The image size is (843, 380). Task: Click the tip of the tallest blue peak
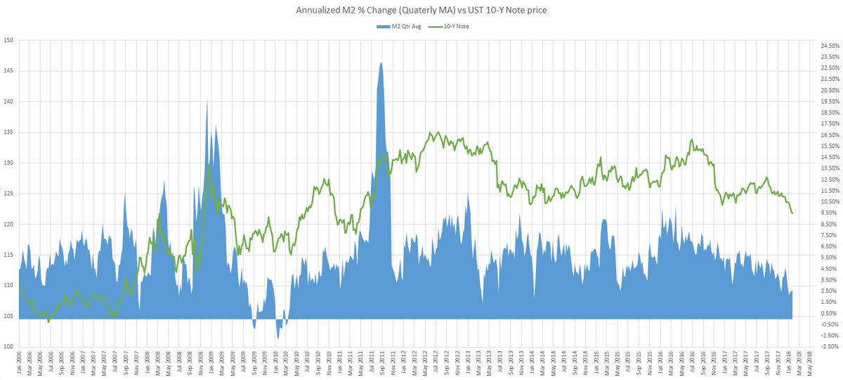pos(381,63)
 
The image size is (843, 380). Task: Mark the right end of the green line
pos(792,213)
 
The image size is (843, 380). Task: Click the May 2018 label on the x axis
pos(811,362)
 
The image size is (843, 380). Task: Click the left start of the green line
pos(19,286)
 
